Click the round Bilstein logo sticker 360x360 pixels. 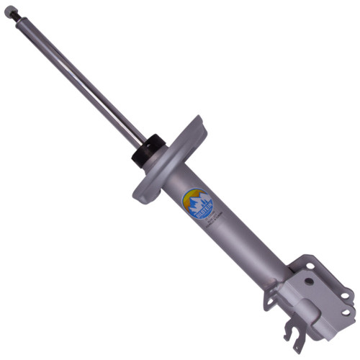click(x=198, y=202)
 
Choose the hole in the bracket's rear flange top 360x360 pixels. click(x=310, y=266)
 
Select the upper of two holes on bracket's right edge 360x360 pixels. click(x=345, y=294)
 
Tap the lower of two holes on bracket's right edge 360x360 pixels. click(x=343, y=312)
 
